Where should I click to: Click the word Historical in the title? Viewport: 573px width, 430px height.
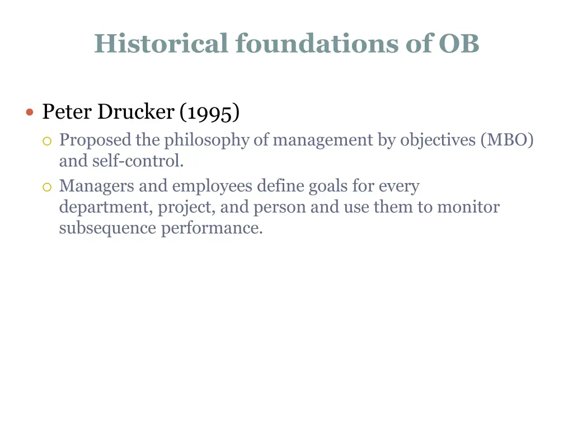coord(161,43)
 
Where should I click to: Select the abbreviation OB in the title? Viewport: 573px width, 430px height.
coord(459,43)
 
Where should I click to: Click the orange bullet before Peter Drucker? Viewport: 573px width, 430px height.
coord(30,112)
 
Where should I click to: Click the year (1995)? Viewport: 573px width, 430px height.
coord(210,113)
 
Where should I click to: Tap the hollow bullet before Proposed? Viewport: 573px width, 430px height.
coord(47,141)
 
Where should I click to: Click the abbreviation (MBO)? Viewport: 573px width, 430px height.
coord(506,140)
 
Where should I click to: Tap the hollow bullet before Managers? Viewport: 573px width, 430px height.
coord(47,186)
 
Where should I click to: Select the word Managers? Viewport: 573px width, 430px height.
coord(96,186)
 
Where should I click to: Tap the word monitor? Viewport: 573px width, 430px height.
coord(468,207)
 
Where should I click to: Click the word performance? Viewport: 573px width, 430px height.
coord(212,228)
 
